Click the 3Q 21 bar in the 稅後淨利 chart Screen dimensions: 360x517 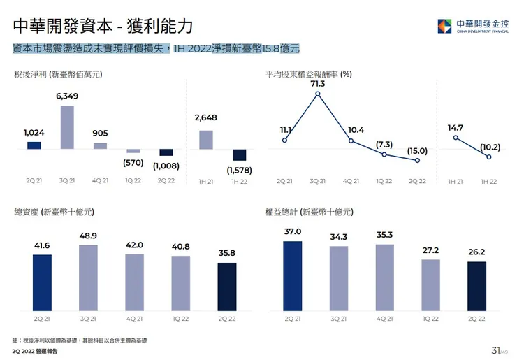(x=67, y=127)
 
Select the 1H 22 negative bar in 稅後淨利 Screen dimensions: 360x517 (x=239, y=155)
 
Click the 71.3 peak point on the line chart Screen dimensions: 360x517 (x=318, y=94)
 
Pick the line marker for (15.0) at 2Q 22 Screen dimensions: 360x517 (x=417, y=161)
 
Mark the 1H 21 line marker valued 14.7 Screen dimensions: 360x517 (x=456, y=138)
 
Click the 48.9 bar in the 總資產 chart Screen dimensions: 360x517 (x=88, y=278)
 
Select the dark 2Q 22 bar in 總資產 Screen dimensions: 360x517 (x=227, y=287)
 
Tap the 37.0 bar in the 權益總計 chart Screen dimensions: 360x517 (x=293, y=275)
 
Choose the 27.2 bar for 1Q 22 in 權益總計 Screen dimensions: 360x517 (x=431, y=285)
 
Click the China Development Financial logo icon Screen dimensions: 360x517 (x=444, y=26)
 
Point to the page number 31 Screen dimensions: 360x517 (x=495, y=350)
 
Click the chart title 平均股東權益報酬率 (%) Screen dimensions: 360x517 (x=308, y=73)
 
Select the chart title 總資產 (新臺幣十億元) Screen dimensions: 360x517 (x=54, y=211)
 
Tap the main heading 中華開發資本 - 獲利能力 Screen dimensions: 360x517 (x=103, y=27)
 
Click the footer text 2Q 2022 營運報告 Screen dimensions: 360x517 (x=31, y=352)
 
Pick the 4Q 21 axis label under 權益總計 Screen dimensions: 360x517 (x=385, y=319)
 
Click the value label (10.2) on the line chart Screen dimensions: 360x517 (x=489, y=147)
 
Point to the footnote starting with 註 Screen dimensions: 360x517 (x=80, y=340)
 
